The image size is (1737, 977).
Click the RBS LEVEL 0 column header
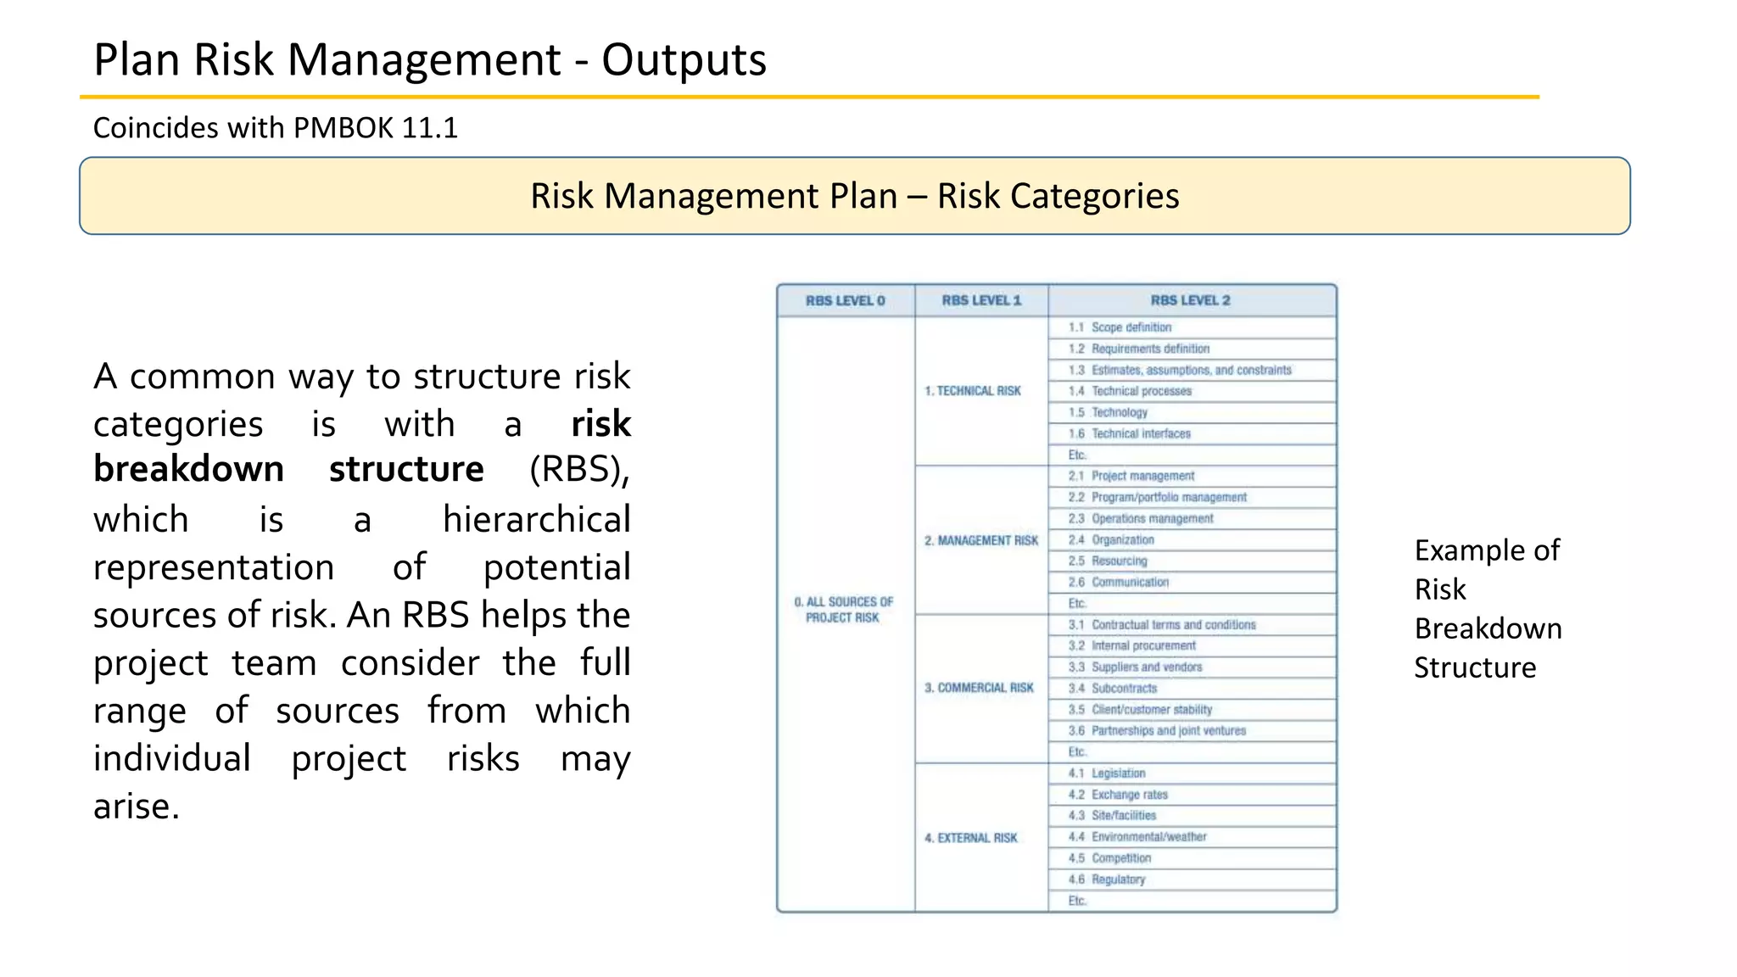coord(845,300)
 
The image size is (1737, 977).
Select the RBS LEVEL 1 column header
coord(981,300)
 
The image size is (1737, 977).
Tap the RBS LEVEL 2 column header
coord(1191,300)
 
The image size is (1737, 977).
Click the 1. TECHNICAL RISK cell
coord(973,391)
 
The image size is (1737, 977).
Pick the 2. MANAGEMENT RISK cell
coord(981,540)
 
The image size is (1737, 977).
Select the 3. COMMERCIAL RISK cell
coord(979,688)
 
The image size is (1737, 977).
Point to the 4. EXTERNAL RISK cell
coord(971,838)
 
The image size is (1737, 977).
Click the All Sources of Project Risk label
coord(843,610)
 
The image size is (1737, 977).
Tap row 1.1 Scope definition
coord(1131,327)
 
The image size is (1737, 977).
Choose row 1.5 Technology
coord(1119,412)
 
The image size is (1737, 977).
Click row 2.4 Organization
coord(1122,539)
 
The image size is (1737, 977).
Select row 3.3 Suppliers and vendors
coord(1146,667)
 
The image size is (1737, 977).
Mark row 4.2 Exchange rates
coord(1129,795)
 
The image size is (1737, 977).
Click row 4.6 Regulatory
coord(1118,879)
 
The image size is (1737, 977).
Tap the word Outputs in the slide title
coord(684,61)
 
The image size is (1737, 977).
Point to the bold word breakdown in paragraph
coord(188,469)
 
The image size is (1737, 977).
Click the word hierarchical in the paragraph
coord(536,519)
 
